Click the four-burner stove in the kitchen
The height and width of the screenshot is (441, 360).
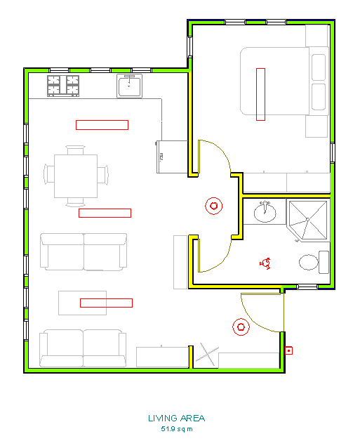pyautogui.click(x=62, y=86)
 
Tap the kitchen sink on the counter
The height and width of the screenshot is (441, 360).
pyautogui.click(x=130, y=86)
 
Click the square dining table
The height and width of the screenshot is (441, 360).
pyautogui.click(x=75, y=175)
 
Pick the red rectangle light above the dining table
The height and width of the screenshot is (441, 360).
pyautogui.click(x=102, y=125)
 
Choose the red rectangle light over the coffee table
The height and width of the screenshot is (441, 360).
pyautogui.click(x=106, y=303)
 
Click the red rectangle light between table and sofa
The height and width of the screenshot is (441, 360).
pyautogui.click(x=105, y=213)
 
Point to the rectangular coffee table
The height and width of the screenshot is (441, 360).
pyautogui.click(x=82, y=303)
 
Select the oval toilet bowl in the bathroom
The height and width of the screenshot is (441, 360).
pyautogui.click(x=309, y=263)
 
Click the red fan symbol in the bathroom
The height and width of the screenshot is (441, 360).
pyautogui.click(x=265, y=263)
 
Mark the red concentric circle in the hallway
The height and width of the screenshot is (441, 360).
pyautogui.click(x=213, y=206)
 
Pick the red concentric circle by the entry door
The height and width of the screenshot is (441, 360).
pyautogui.click(x=241, y=327)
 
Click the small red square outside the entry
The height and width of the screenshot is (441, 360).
pyautogui.click(x=288, y=349)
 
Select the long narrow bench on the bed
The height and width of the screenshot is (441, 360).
pyautogui.click(x=261, y=93)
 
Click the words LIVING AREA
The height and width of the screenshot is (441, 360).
pyautogui.click(x=176, y=419)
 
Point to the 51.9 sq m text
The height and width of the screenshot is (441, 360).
pyautogui.click(x=176, y=428)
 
